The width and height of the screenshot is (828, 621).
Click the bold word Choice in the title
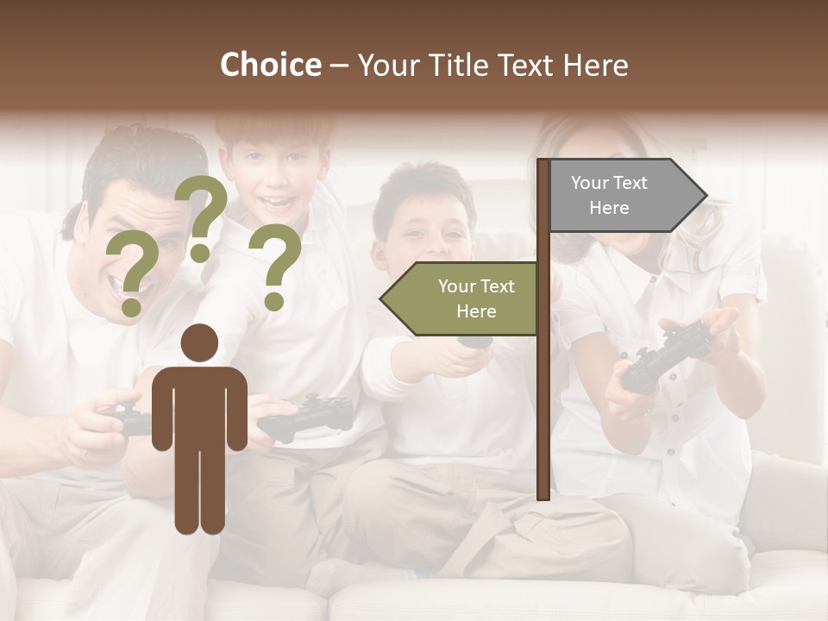coord(270,65)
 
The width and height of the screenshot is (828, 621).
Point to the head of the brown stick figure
coord(199,343)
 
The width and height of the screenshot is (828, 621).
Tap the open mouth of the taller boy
coord(277,204)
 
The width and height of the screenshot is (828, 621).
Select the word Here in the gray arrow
coord(609,208)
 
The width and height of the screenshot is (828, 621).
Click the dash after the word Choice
coord(338,66)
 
